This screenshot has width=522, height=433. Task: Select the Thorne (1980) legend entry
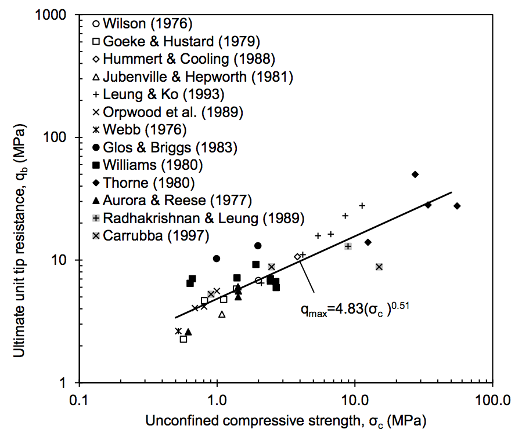(148, 183)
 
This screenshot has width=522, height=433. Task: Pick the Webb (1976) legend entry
(145, 129)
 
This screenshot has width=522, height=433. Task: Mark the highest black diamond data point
(415, 174)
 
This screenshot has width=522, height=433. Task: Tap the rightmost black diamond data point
(457, 206)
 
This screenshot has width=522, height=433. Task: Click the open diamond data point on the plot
(297, 256)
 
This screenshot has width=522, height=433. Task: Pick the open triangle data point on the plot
(222, 314)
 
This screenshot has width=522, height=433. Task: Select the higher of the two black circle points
(258, 246)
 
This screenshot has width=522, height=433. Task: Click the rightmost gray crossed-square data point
(379, 267)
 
